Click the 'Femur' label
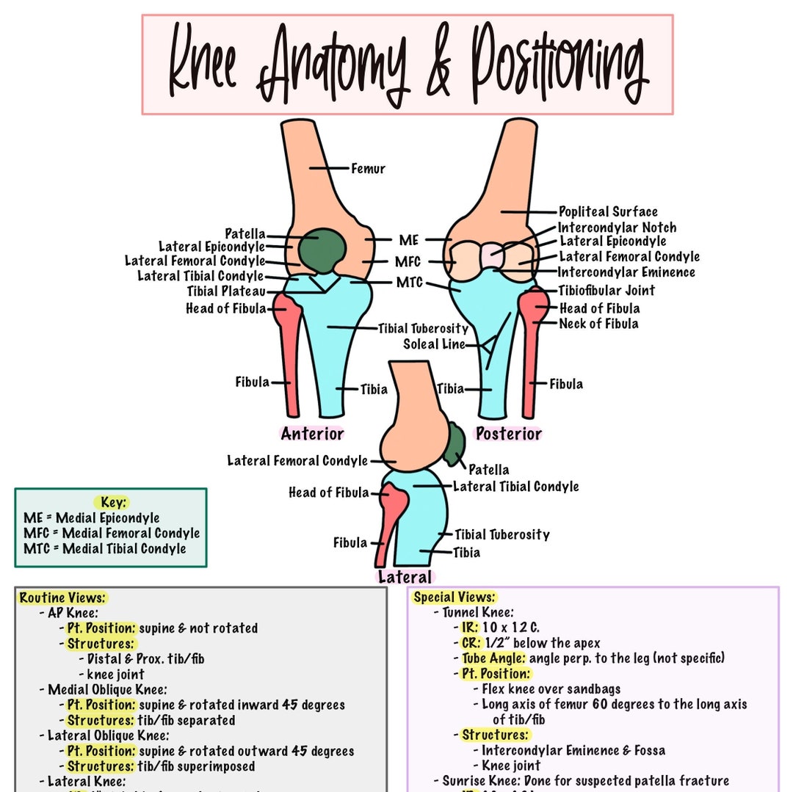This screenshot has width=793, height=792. (368, 168)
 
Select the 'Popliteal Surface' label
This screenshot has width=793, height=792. (608, 211)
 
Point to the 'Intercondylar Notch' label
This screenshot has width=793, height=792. (617, 228)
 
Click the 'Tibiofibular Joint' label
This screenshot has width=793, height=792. (606, 291)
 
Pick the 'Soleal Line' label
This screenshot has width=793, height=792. (434, 344)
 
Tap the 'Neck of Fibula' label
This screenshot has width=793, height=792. (598, 324)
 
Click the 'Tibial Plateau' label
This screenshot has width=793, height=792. (226, 291)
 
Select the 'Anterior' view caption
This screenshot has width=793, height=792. (312, 434)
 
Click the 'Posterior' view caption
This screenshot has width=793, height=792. (508, 434)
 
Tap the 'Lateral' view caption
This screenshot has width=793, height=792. (405, 577)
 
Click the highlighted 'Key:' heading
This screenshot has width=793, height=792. (114, 503)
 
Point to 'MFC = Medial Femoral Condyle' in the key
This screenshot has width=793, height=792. (112, 533)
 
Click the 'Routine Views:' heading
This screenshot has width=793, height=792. (62, 598)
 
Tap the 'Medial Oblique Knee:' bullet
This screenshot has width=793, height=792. (107, 689)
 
